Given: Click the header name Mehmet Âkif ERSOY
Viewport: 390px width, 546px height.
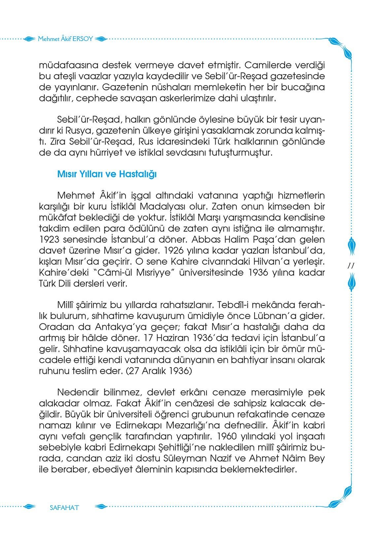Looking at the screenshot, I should pos(66,39).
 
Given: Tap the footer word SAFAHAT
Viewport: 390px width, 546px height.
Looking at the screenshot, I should pos(64,507).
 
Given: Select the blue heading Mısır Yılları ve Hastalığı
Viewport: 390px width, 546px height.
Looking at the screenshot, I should pos(107,174).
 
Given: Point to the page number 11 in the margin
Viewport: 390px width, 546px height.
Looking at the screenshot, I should pos(351,266).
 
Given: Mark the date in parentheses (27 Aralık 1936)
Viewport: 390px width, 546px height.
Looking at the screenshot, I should pos(159,371).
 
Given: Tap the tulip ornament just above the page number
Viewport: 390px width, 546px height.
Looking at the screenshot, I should pos(351,246).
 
